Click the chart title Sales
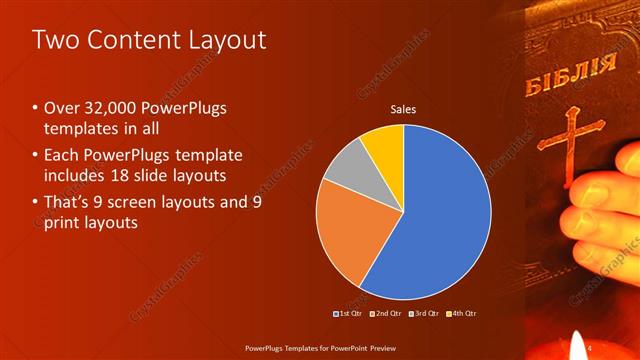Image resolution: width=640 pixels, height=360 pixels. click(x=403, y=109)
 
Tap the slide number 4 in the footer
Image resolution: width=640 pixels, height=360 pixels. click(x=590, y=347)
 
